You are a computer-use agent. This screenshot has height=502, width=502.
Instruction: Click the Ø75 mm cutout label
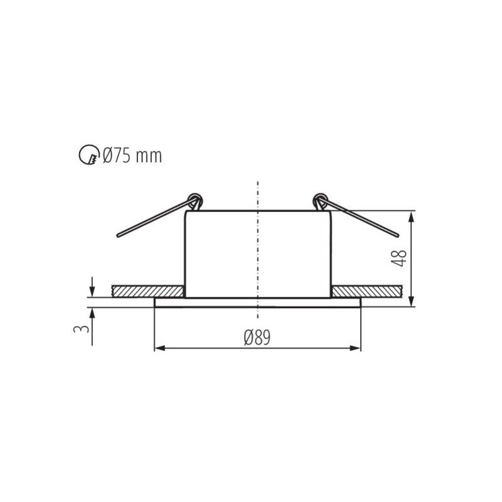tap(132, 155)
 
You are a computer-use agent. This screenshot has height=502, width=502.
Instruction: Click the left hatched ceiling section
tap(147, 291)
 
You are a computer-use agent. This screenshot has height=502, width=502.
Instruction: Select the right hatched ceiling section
tap(366, 291)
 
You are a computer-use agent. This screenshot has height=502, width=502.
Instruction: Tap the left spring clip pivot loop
tap(195, 200)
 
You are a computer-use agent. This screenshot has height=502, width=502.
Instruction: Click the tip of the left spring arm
tap(119, 236)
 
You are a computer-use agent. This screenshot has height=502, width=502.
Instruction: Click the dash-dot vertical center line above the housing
tap(258, 195)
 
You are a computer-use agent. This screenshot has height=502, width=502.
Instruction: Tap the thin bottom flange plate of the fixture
tap(258, 302)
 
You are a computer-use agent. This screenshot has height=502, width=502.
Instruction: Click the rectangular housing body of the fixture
tap(258, 254)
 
